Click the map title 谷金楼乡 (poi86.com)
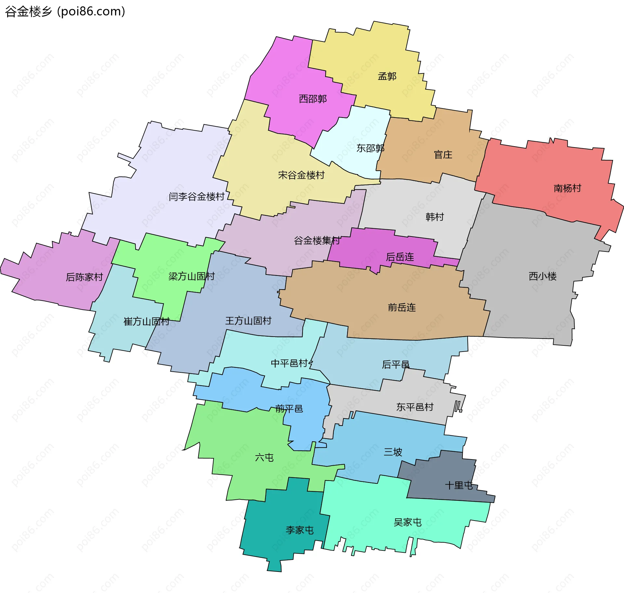pyautogui.click(x=65, y=12)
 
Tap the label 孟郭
pyautogui.click(x=387, y=76)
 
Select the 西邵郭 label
pyautogui.click(x=313, y=99)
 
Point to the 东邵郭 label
pyautogui.click(x=370, y=148)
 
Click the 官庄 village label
pyautogui.click(x=443, y=155)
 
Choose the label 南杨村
pyautogui.click(x=567, y=188)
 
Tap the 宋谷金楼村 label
pyautogui.click(x=301, y=175)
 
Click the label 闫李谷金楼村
pyautogui.click(x=197, y=197)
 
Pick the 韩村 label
pyautogui.click(x=435, y=217)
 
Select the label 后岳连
pyautogui.click(x=400, y=257)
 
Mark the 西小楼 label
pyautogui.click(x=542, y=276)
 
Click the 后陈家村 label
pyautogui.click(x=84, y=277)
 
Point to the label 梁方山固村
pyautogui.click(x=191, y=276)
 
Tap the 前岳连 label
pyautogui.click(x=402, y=307)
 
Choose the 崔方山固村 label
pyautogui.click(x=147, y=321)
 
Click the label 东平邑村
pyautogui.click(x=415, y=407)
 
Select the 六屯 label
pyautogui.click(x=264, y=458)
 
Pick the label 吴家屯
pyautogui.click(x=408, y=522)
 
